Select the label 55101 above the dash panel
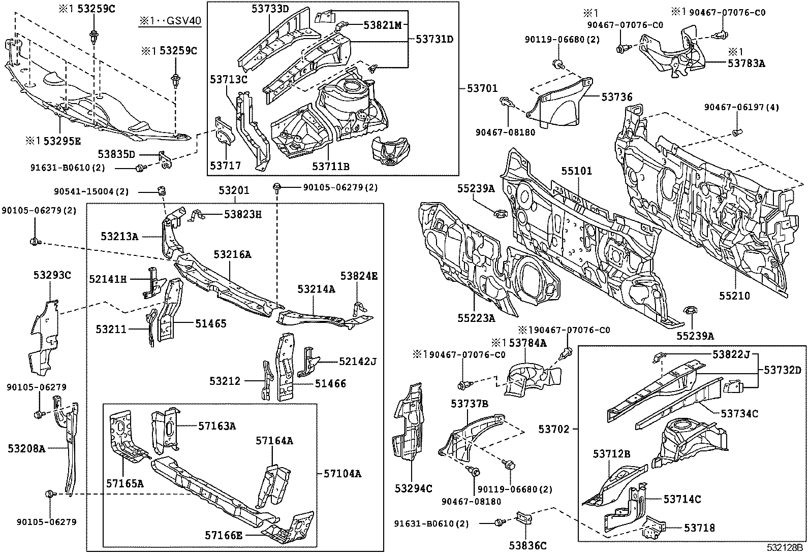pyautogui.click(x=576, y=171)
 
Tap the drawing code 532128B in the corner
pyautogui.click(x=785, y=548)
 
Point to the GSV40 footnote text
pyautogui.click(x=170, y=22)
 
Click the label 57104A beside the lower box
pyautogui.click(x=343, y=474)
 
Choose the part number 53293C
pyautogui.click(x=52, y=276)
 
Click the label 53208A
pyautogui.click(x=26, y=448)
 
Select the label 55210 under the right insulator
pyautogui.click(x=734, y=296)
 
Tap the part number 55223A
pyautogui.click(x=476, y=318)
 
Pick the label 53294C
pyautogui.click(x=413, y=488)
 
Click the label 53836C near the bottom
pyautogui.click(x=528, y=545)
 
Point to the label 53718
pyautogui.click(x=699, y=528)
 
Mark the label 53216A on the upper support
pyautogui.click(x=232, y=254)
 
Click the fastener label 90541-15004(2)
pyautogui.click(x=91, y=191)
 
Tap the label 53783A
pyautogui.click(x=746, y=63)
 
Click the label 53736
pyautogui.click(x=617, y=96)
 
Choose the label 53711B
pyautogui.click(x=330, y=166)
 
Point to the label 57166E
pyautogui.click(x=224, y=535)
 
